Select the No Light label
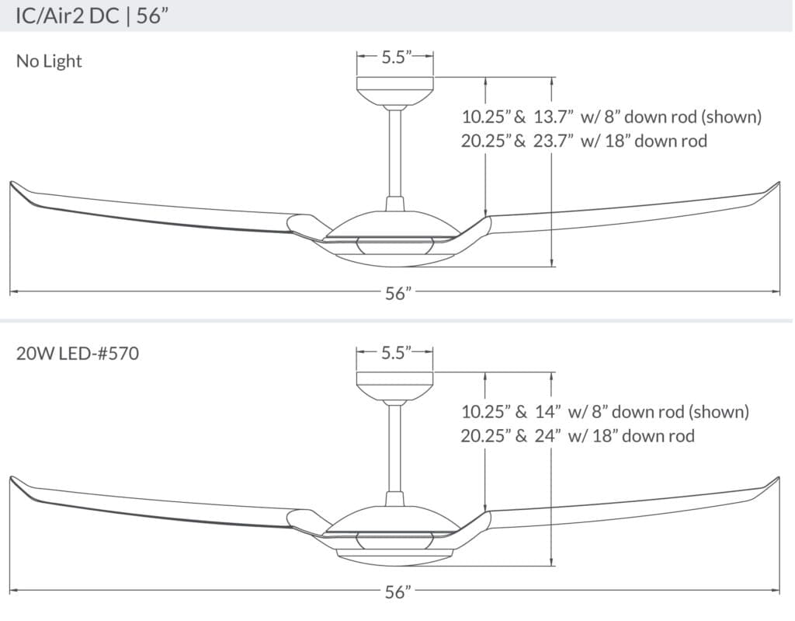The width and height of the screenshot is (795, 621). [x=49, y=61]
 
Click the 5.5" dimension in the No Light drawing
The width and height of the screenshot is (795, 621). [x=395, y=58]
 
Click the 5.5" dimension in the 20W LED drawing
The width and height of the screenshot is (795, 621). [x=395, y=354]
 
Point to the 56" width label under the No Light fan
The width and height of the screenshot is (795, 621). [x=397, y=294]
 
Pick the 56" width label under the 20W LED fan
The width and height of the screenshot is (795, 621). [x=397, y=592]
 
